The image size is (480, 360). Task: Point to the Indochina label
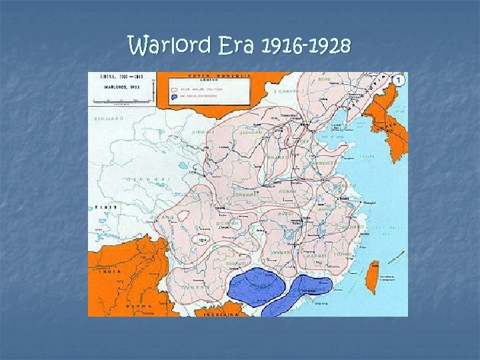point(217,312)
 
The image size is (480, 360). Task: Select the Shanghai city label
point(373,202)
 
